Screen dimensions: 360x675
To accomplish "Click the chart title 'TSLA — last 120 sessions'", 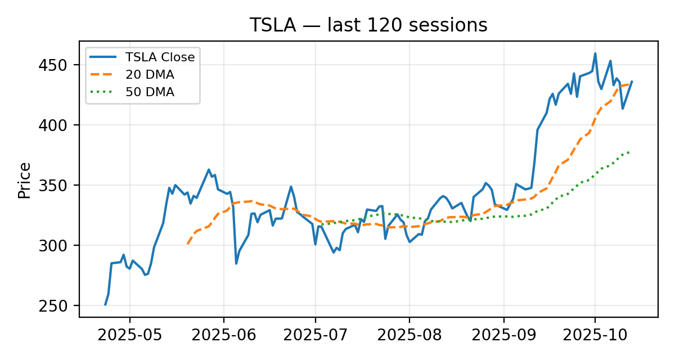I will (x=368, y=25).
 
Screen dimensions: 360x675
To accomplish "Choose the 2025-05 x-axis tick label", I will (x=130, y=336).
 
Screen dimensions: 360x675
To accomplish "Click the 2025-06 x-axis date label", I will (x=223, y=336).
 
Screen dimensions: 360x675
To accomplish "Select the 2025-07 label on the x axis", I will (x=316, y=336).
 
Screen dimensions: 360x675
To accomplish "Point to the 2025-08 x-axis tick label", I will (x=409, y=336).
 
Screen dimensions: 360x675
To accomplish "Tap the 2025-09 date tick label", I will (x=503, y=336).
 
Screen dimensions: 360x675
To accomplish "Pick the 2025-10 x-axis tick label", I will (x=595, y=336).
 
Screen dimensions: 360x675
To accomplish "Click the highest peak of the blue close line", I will (x=595, y=53).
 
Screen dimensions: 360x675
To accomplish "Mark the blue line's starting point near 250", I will (x=105, y=305).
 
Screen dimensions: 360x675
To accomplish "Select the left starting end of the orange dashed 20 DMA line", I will (x=187, y=244).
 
